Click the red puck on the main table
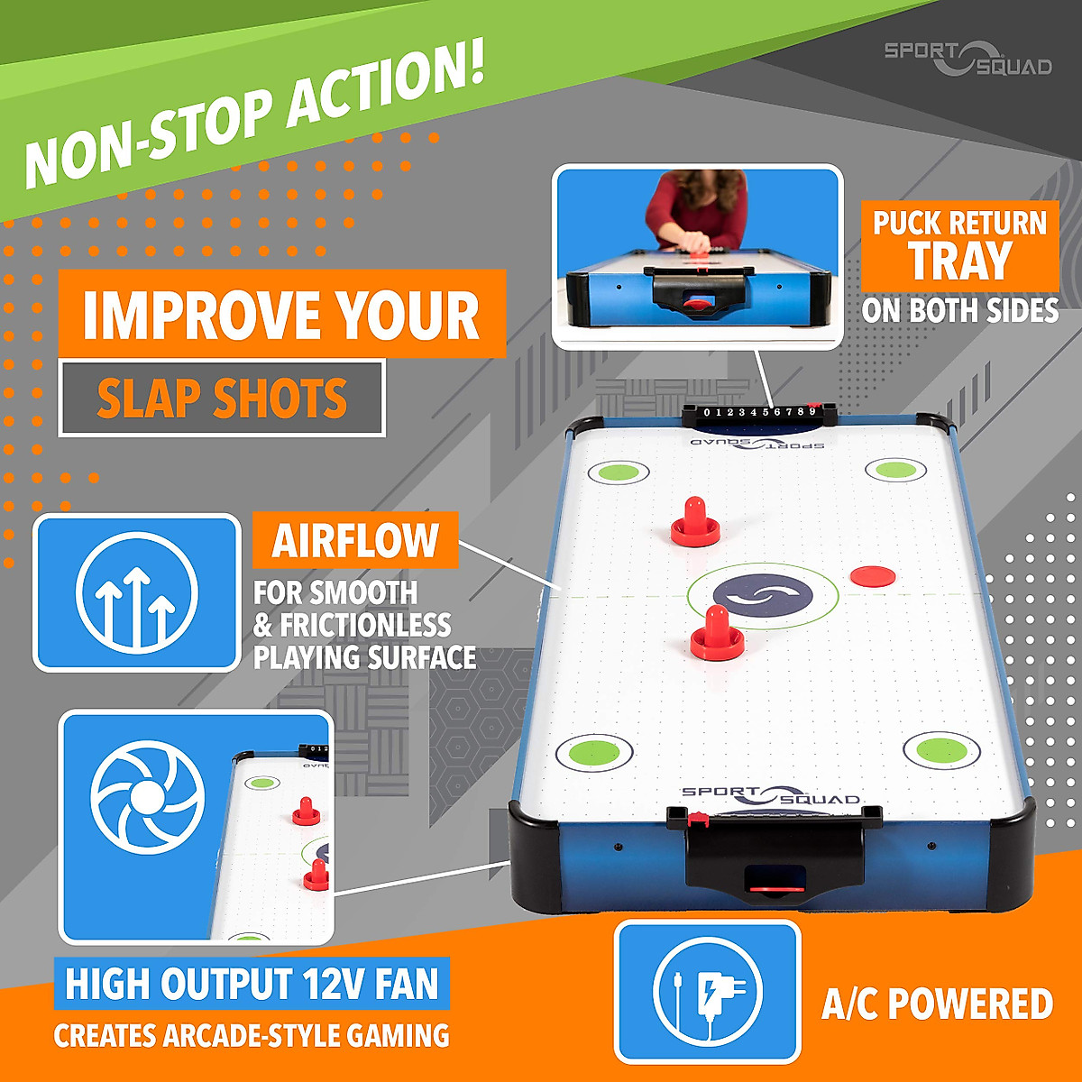tap(871, 574)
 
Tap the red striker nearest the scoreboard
tap(695, 523)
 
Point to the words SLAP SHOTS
tap(222, 399)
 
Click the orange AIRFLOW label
tap(355, 540)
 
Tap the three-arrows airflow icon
tap(136, 593)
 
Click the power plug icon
tap(708, 991)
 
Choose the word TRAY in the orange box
tap(960, 261)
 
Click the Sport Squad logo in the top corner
tap(967, 58)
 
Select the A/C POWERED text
tap(937, 1004)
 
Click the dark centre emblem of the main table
tap(763, 596)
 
